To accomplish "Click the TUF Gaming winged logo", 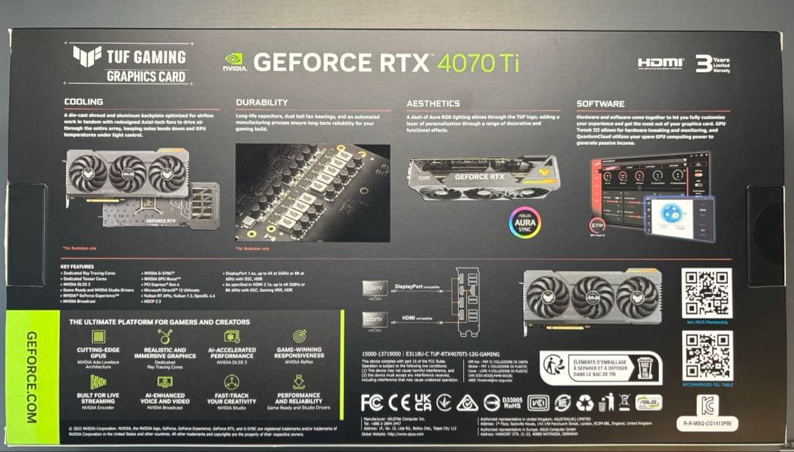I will pos(87,55).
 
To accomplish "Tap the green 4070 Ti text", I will pos(479,62).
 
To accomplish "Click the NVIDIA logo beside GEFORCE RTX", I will pos(233,62).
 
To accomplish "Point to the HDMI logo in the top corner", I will pos(660,63).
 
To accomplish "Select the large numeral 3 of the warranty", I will pos(703,62).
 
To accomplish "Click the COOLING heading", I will pos(84,102).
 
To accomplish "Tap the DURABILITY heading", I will pos(262,103).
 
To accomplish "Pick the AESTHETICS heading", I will pos(433,104).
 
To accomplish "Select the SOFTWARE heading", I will pos(601,104).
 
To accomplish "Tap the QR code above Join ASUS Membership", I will pos(706,293).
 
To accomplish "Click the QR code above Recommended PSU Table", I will pos(706,356).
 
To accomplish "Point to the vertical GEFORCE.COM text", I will pos(32,377).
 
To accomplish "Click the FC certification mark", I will pos(373,402).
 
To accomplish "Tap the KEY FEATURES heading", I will pos(76,266).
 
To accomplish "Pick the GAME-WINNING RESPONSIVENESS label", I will pos(299,353).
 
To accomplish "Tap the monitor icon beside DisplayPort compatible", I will pos(373,289).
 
